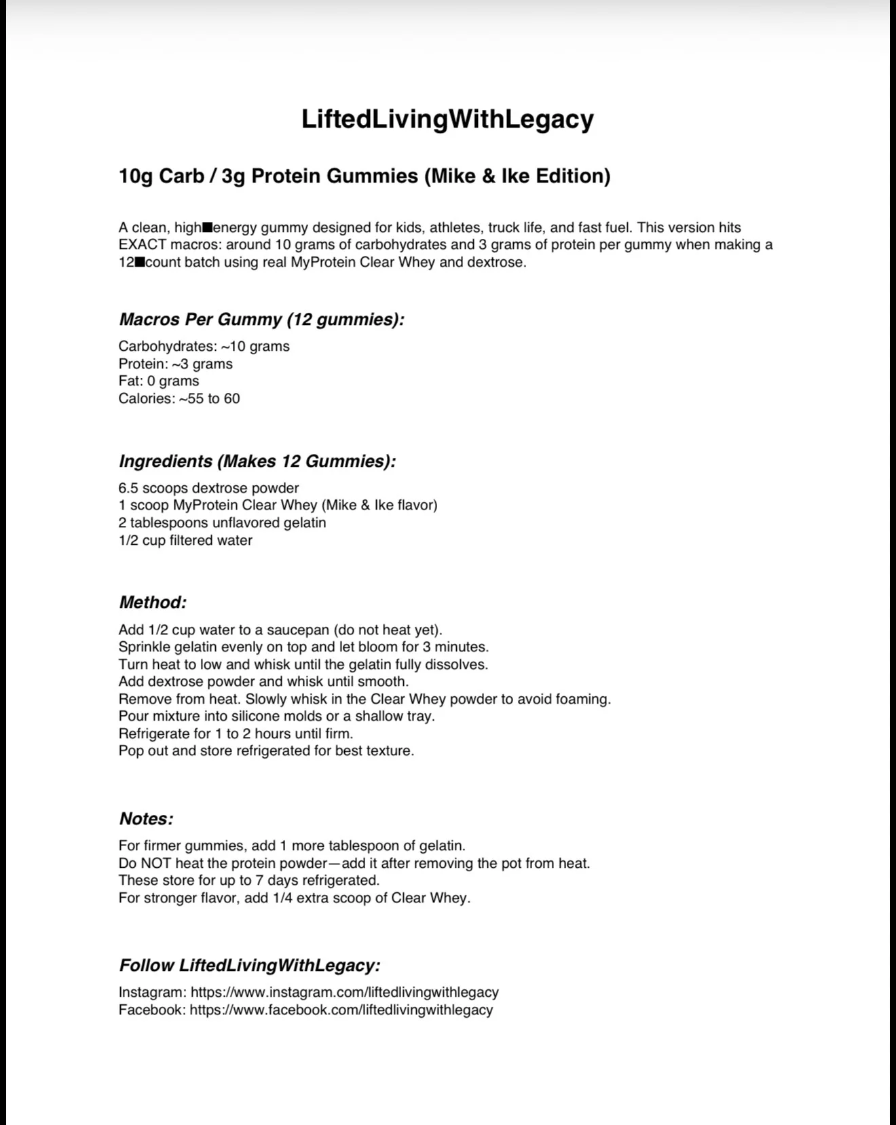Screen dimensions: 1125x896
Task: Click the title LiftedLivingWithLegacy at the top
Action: [x=447, y=119]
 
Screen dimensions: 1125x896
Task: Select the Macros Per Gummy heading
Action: [x=261, y=319]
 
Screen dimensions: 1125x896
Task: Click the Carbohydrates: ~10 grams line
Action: [x=204, y=347]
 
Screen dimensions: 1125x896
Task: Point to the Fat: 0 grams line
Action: [x=159, y=381]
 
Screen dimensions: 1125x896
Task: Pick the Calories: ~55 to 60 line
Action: [x=179, y=398]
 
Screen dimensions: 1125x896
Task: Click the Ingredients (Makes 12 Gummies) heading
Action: [x=257, y=461]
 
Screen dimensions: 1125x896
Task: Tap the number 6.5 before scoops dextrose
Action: [x=128, y=489]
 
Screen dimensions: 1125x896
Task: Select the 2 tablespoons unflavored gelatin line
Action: [x=222, y=523]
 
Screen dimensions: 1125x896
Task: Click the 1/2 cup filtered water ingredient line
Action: [x=185, y=541]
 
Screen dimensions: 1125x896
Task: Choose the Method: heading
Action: [x=153, y=603]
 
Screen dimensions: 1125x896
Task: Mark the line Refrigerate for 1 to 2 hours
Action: [x=236, y=734]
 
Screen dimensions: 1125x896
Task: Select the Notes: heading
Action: [x=146, y=819]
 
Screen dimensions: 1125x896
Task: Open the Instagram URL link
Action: [x=344, y=993]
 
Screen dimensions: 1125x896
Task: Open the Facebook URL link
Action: [x=341, y=1010]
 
